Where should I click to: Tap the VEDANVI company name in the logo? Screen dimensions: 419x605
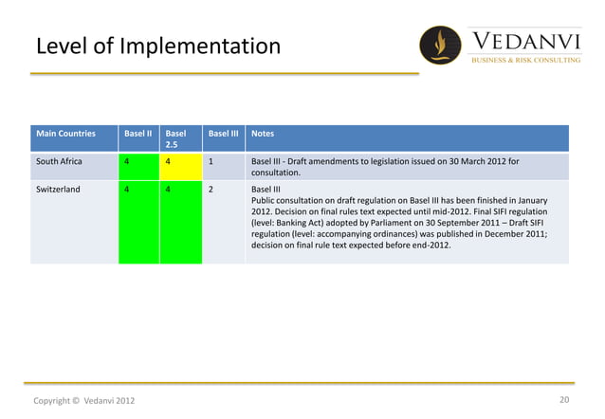click(x=526, y=40)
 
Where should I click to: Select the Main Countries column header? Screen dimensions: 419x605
click(x=66, y=134)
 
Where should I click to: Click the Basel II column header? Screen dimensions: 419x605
click(x=137, y=134)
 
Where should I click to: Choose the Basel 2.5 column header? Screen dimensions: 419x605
click(x=176, y=139)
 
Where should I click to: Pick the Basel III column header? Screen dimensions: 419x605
click(x=223, y=134)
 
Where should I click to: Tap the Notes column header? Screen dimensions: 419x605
click(x=263, y=134)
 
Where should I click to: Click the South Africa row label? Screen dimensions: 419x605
click(x=59, y=161)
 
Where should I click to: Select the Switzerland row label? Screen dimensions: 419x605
click(x=58, y=189)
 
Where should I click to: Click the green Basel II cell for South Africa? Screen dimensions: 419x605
click(x=137, y=166)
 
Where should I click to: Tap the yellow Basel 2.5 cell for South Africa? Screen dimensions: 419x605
click(x=180, y=166)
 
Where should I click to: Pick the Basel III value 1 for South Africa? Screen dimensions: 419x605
click(x=211, y=161)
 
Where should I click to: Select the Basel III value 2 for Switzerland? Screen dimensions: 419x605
click(x=211, y=189)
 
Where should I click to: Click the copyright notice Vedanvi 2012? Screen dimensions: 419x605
click(x=84, y=401)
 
